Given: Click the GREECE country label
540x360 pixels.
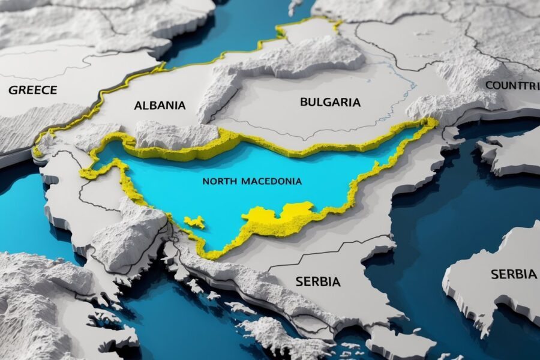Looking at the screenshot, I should [x=33, y=91].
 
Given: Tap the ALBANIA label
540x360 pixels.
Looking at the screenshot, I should [x=160, y=106].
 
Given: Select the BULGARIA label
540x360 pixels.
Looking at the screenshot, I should [x=330, y=102].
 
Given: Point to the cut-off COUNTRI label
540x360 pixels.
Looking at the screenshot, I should [x=512, y=85].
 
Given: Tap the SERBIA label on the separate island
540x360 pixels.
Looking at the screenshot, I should [x=514, y=274].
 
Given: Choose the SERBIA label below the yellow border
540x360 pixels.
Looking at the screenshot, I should [x=318, y=281].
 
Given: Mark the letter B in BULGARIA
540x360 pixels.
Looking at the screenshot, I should [x=304, y=102].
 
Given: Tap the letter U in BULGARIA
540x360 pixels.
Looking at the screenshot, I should [x=312, y=102].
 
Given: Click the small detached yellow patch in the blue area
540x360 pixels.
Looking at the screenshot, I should [x=194, y=222].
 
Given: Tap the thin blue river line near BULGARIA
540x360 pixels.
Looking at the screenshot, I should [x=408, y=84].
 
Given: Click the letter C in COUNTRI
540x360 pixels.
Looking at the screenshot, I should [x=488, y=85].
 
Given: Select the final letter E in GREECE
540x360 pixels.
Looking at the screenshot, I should [x=53, y=91].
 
